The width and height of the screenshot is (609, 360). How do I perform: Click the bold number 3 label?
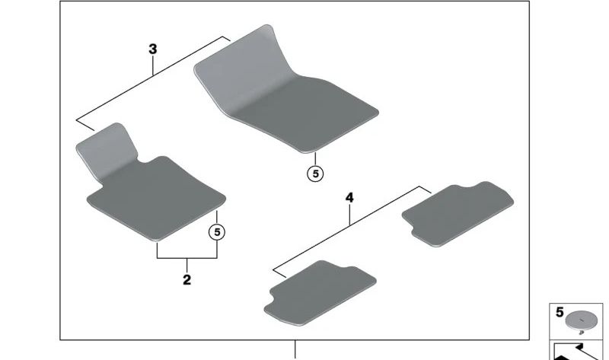pos(152,49)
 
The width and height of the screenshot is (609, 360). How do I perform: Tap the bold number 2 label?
pos(187,280)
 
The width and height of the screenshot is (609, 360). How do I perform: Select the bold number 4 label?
pos(349,198)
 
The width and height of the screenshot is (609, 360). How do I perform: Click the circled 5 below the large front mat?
pos(315,174)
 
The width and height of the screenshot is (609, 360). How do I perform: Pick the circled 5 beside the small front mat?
pos(217,231)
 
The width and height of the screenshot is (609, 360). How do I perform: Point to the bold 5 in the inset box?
pos(560,312)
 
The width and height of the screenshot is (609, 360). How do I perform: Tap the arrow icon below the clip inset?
pos(579,352)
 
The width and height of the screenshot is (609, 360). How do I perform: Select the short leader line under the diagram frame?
pos(295,349)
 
